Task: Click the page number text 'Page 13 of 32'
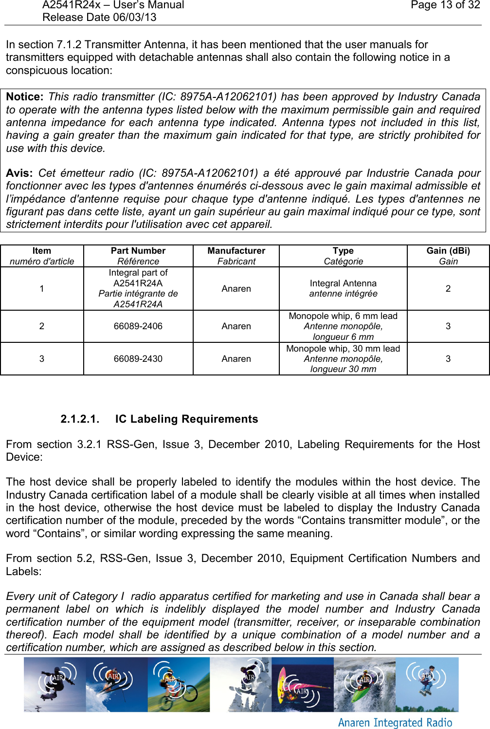[445, 5]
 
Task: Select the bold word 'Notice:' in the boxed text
[24, 97]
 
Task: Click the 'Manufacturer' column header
[236, 251]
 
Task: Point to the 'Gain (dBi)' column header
[448, 251]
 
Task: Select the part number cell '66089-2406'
[138, 326]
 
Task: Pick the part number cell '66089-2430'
[138, 359]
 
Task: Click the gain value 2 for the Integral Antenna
[448, 289]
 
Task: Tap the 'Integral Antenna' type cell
[343, 283]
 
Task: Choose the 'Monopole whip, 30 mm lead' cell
[343, 349]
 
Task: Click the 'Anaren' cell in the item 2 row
[236, 326]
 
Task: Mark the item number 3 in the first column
[42, 359]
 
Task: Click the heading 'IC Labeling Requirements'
[186, 419]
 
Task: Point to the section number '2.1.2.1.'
[80, 419]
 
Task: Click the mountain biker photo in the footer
[179, 684]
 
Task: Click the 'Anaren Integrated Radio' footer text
[395, 723]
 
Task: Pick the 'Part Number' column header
[138, 251]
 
